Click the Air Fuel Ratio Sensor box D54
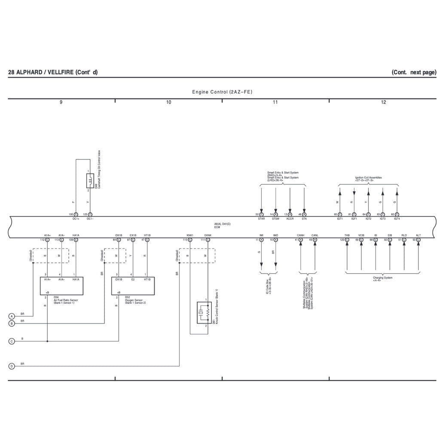pos(61,286)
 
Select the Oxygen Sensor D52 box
pos(133,286)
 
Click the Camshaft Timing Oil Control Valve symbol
pos(90,181)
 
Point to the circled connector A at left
pos(12,316)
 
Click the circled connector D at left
pos(12,366)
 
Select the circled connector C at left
pos(12,341)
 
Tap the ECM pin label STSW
pos(275,219)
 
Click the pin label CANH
pos(301,235)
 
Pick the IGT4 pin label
pos(397,219)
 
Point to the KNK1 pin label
pos(190,235)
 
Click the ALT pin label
pos(419,235)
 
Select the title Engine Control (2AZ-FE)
pos(222,92)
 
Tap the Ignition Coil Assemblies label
pos(368,178)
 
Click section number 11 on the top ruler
pos(275,102)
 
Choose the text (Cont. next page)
pos(414,72)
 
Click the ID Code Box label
pos(269,285)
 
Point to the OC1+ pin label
pos(76,219)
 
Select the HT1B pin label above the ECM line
pos(147,235)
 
